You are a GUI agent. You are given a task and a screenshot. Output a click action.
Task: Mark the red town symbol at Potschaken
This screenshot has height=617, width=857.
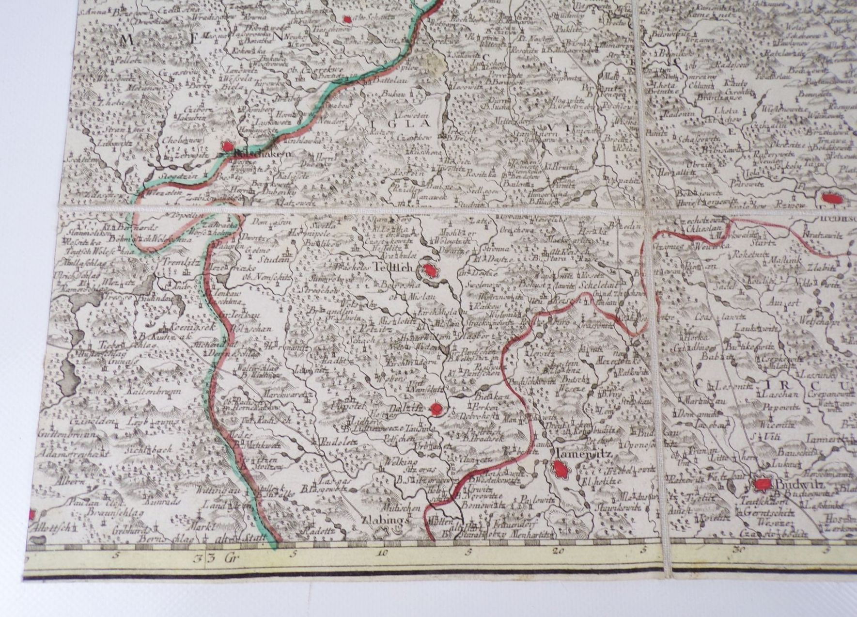pos(227,146)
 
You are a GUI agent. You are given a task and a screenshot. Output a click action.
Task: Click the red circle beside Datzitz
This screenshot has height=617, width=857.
pos(437,410)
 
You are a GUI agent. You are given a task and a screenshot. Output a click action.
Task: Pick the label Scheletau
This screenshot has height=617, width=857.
pos(598,285)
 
